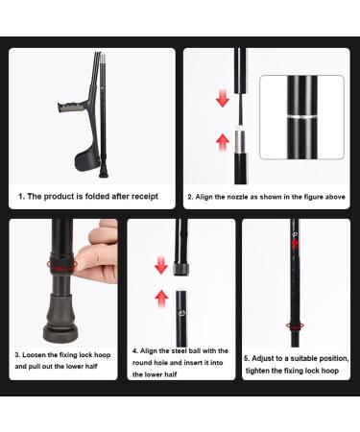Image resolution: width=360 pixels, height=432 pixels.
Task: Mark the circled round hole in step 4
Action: pos(182,312)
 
